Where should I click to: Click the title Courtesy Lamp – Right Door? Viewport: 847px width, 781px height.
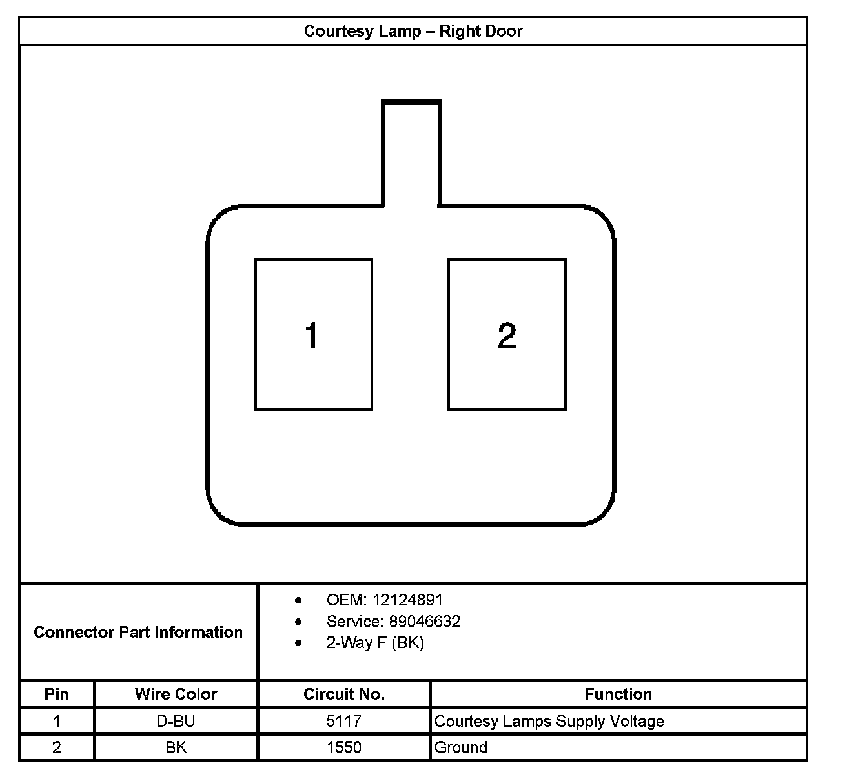[x=413, y=32]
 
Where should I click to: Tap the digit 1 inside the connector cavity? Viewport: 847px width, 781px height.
[x=312, y=336]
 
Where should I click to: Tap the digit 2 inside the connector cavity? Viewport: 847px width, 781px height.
[x=507, y=336]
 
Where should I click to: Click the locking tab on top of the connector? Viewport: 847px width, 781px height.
[x=411, y=152]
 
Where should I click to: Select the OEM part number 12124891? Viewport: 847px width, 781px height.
[x=407, y=600]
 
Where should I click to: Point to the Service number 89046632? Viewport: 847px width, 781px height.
[x=424, y=621]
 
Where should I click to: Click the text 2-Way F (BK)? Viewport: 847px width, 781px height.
[x=375, y=643]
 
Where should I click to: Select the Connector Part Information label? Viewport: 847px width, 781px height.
[x=138, y=632]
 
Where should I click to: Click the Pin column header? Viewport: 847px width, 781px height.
[x=57, y=694]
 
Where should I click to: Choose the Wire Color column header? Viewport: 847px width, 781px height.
[x=176, y=694]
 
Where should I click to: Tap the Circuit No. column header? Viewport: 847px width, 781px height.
[x=343, y=694]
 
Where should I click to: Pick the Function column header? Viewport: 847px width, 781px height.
[x=618, y=694]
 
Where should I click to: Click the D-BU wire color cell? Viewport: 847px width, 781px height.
[x=176, y=721]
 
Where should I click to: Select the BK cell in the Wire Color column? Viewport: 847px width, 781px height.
[x=176, y=747]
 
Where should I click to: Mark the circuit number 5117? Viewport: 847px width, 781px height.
[x=343, y=721]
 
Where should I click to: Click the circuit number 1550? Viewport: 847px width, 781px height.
[x=343, y=747]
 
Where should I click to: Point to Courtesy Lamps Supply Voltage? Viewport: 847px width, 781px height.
[x=549, y=721]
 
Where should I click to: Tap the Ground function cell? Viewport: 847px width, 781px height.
[x=461, y=747]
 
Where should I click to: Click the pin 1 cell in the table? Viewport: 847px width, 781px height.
[x=57, y=721]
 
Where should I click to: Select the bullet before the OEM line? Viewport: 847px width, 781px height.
[x=298, y=600]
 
